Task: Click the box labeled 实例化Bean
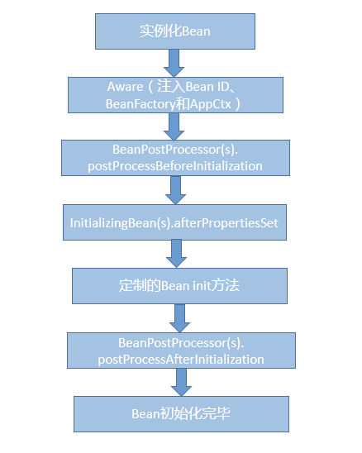point(174,32)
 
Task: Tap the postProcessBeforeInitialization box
point(175,158)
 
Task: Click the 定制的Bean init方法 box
point(179,286)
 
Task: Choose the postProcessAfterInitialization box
point(180,350)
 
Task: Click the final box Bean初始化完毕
point(182,413)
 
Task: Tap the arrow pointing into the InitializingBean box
point(174,190)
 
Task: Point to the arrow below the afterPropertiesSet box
point(176,254)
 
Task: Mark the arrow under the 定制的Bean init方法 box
point(179,317)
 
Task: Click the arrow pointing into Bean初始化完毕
point(181,382)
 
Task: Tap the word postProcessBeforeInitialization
point(175,166)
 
